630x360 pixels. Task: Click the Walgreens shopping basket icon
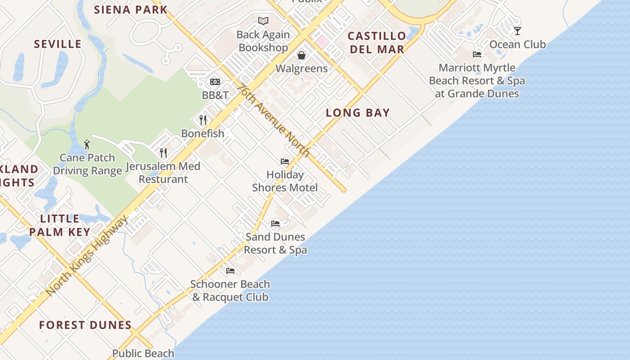click(x=301, y=55)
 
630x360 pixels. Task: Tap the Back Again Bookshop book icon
click(x=263, y=21)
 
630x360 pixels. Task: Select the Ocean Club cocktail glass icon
click(x=517, y=31)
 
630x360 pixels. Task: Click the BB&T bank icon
click(x=215, y=82)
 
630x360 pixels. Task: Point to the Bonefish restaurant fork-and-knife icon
click(x=203, y=120)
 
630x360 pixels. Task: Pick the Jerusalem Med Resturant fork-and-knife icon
click(x=163, y=153)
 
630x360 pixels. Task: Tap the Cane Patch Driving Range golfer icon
click(x=87, y=144)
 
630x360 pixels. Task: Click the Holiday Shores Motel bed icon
click(x=285, y=161)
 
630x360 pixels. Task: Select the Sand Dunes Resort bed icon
click(x=275, y=223)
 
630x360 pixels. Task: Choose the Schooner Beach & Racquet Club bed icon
click(x=230, y=271)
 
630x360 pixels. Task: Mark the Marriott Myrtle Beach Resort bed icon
click(x=477, y=54)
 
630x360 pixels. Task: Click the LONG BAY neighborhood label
click(x=358, y=113)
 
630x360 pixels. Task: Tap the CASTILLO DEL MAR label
click(x=377, y=42)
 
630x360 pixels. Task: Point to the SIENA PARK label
click(x=130, y=9)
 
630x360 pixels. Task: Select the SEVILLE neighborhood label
click(x=58, y=44)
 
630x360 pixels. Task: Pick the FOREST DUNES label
click(x=85, y=325)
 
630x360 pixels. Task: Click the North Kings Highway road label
click(x=86, y=256)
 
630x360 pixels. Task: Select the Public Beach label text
click(x=143, y=354)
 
